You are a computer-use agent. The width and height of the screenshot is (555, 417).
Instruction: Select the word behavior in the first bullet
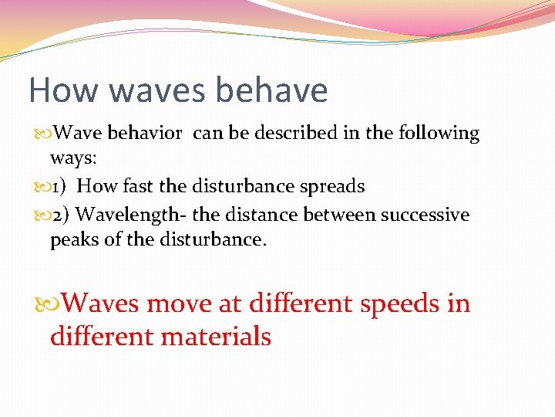[x=145, y=134]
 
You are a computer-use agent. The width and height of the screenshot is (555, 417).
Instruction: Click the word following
[x=439, y=134]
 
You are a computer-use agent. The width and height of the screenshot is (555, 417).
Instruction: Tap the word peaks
[x=74, y=239]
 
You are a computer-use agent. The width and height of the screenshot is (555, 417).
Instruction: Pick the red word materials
[x=217, y=336]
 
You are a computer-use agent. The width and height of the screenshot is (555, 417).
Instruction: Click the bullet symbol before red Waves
[x=44, y=303]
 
